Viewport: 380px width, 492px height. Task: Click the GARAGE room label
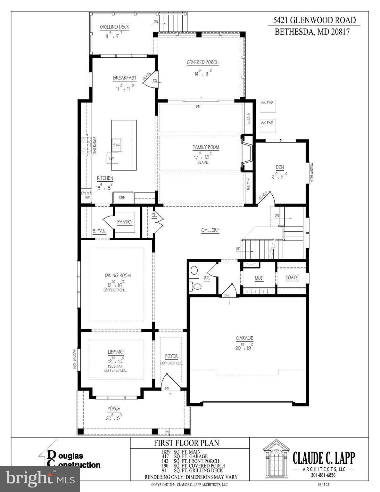click(244, 338)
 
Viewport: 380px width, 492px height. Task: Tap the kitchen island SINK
click(117, 145)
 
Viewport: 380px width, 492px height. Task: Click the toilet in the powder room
click(196, 286)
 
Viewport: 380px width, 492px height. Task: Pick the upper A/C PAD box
click(267, 105)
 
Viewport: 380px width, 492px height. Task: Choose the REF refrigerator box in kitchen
click(122, 198)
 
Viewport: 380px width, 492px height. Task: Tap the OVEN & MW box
click(86, 195)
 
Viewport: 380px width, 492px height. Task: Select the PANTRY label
click(125, 222)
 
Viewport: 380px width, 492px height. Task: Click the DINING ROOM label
click(118, 275)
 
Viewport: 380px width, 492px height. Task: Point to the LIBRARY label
click(116, 352)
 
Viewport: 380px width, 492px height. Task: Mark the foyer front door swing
click(167, 381)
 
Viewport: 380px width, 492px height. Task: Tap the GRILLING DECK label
click(114, 27)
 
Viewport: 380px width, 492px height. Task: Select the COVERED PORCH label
click(203, 62)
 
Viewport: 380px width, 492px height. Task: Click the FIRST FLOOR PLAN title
click(186, 443)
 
